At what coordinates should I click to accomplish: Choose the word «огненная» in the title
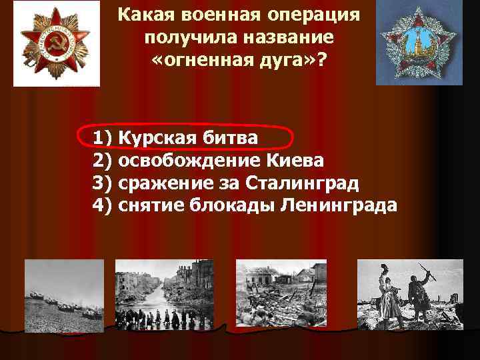208,59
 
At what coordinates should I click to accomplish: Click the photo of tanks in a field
64,294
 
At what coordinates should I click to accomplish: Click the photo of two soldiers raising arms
410,294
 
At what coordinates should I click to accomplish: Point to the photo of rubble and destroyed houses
281,294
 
